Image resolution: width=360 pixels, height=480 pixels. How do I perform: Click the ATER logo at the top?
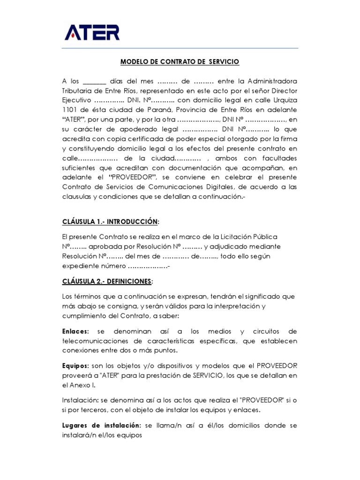pos(92,32)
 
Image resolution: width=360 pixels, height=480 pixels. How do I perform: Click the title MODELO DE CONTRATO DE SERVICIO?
pos(180,61)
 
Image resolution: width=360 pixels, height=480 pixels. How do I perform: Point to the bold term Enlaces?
pos(76,332)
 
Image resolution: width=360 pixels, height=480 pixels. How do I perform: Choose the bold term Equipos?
pos(76,366)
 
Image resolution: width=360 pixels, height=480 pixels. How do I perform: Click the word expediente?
pos(80,266)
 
